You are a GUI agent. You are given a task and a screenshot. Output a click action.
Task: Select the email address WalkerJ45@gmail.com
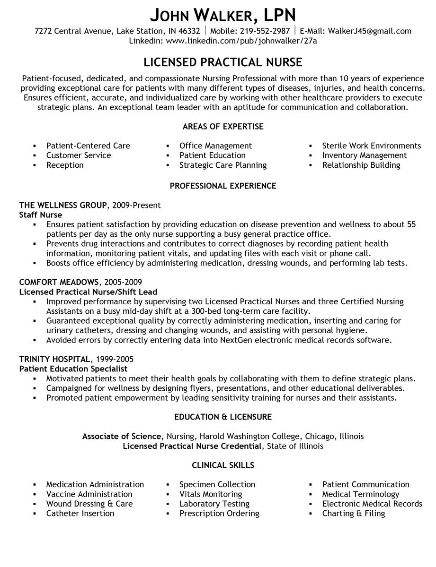(x=368, y=31)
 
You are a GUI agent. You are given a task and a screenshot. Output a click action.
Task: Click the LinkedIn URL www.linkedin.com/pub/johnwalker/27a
(x=241, y=41)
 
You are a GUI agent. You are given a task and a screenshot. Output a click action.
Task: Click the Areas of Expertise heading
(x=223, y=127)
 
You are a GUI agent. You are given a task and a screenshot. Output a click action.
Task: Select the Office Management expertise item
(x=215, y=146)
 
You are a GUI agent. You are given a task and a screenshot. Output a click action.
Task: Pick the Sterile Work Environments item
(x=371, y=146)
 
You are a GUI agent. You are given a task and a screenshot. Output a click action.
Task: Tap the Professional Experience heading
(x=223, y=186)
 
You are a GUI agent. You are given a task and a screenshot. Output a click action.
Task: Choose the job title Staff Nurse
(x=41, y=215)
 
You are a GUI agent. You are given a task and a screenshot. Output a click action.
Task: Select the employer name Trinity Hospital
(x=54, y=359)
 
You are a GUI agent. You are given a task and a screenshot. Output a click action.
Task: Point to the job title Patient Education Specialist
(x=73, y=369)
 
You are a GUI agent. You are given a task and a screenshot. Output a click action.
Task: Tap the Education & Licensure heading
(x=223, y=417)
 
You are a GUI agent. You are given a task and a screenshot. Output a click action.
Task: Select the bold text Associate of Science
(x=122, y=436)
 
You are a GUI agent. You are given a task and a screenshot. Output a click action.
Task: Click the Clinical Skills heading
(x=223, y=465)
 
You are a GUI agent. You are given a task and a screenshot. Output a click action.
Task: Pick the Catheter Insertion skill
(x=80, y=513)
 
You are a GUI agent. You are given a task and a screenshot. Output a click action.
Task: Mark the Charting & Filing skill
(x=353, y=513)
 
